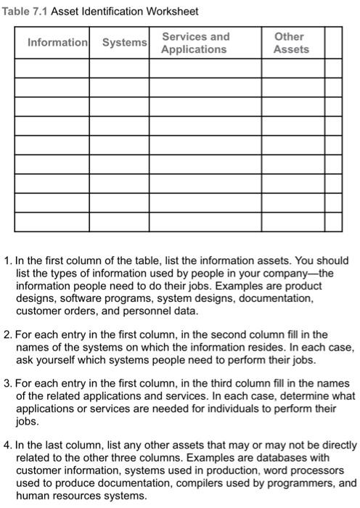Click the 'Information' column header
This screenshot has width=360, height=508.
point(57,43)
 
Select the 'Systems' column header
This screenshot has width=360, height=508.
point(124,43)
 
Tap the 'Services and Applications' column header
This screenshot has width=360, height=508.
point(195,43)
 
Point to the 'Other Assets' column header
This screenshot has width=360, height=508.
point(290,43)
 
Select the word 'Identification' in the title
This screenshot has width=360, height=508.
point(115,12)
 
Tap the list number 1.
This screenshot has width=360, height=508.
point(7,260)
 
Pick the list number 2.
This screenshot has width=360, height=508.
point(7,335)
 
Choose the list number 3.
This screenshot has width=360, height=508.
point(7,383)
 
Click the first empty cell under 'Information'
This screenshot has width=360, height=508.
point(57,67)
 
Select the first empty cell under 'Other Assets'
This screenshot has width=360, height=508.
point(290,67)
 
